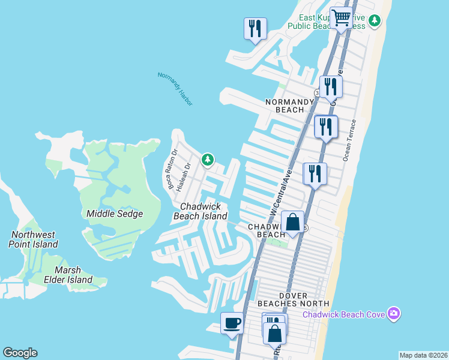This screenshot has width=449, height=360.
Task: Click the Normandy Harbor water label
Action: [x=175, y=89]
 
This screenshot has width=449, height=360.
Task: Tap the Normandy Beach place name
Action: [x=290, y=106]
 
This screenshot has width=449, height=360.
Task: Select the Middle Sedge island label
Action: [x=114, y=214]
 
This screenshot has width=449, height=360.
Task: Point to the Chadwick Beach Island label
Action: [x=200, y=211]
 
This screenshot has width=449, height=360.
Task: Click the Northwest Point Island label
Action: [x=33, y=239]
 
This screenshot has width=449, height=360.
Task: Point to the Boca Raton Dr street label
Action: [x=172, y=169]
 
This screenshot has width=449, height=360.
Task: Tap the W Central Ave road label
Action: [x=280, y=192]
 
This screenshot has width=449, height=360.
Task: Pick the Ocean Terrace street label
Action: [x=349, y=140]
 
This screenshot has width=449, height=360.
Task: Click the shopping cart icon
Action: [x=341, y=19]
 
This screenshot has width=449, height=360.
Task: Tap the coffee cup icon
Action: [x=232, y=325]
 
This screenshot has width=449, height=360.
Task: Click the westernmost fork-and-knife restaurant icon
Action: [x=255, y=28]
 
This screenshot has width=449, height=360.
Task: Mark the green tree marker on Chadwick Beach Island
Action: [x=207, y=160]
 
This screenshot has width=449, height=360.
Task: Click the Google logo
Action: [x=20, y=352]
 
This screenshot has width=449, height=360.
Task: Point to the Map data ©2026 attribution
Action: [x=423, y=355]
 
